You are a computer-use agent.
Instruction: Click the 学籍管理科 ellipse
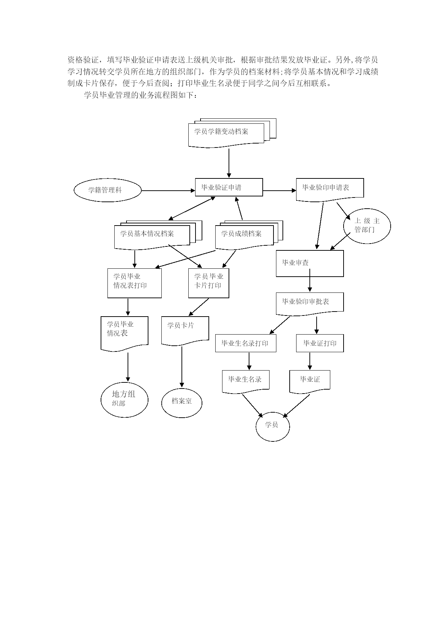point(107,190)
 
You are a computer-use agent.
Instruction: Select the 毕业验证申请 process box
point(229,187)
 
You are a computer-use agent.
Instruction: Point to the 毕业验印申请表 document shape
point(330,188)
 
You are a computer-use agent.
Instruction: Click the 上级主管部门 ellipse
point(367,226)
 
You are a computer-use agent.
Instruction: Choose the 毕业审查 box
point(309,263)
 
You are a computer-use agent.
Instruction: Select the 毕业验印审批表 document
point(309,303)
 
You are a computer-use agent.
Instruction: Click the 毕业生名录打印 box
point(246,343)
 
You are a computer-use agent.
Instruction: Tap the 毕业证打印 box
point(319,343)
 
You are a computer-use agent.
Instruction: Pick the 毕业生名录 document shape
point(245,380)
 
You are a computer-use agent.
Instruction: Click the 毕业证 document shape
point(309,380)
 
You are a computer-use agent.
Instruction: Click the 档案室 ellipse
point(181,402)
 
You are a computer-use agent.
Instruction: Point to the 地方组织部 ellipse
point(124,399)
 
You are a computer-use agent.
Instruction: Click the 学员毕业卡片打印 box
point(208,283)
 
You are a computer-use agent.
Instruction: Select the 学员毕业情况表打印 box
point(134,283)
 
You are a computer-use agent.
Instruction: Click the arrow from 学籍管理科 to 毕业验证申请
point(168,191)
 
